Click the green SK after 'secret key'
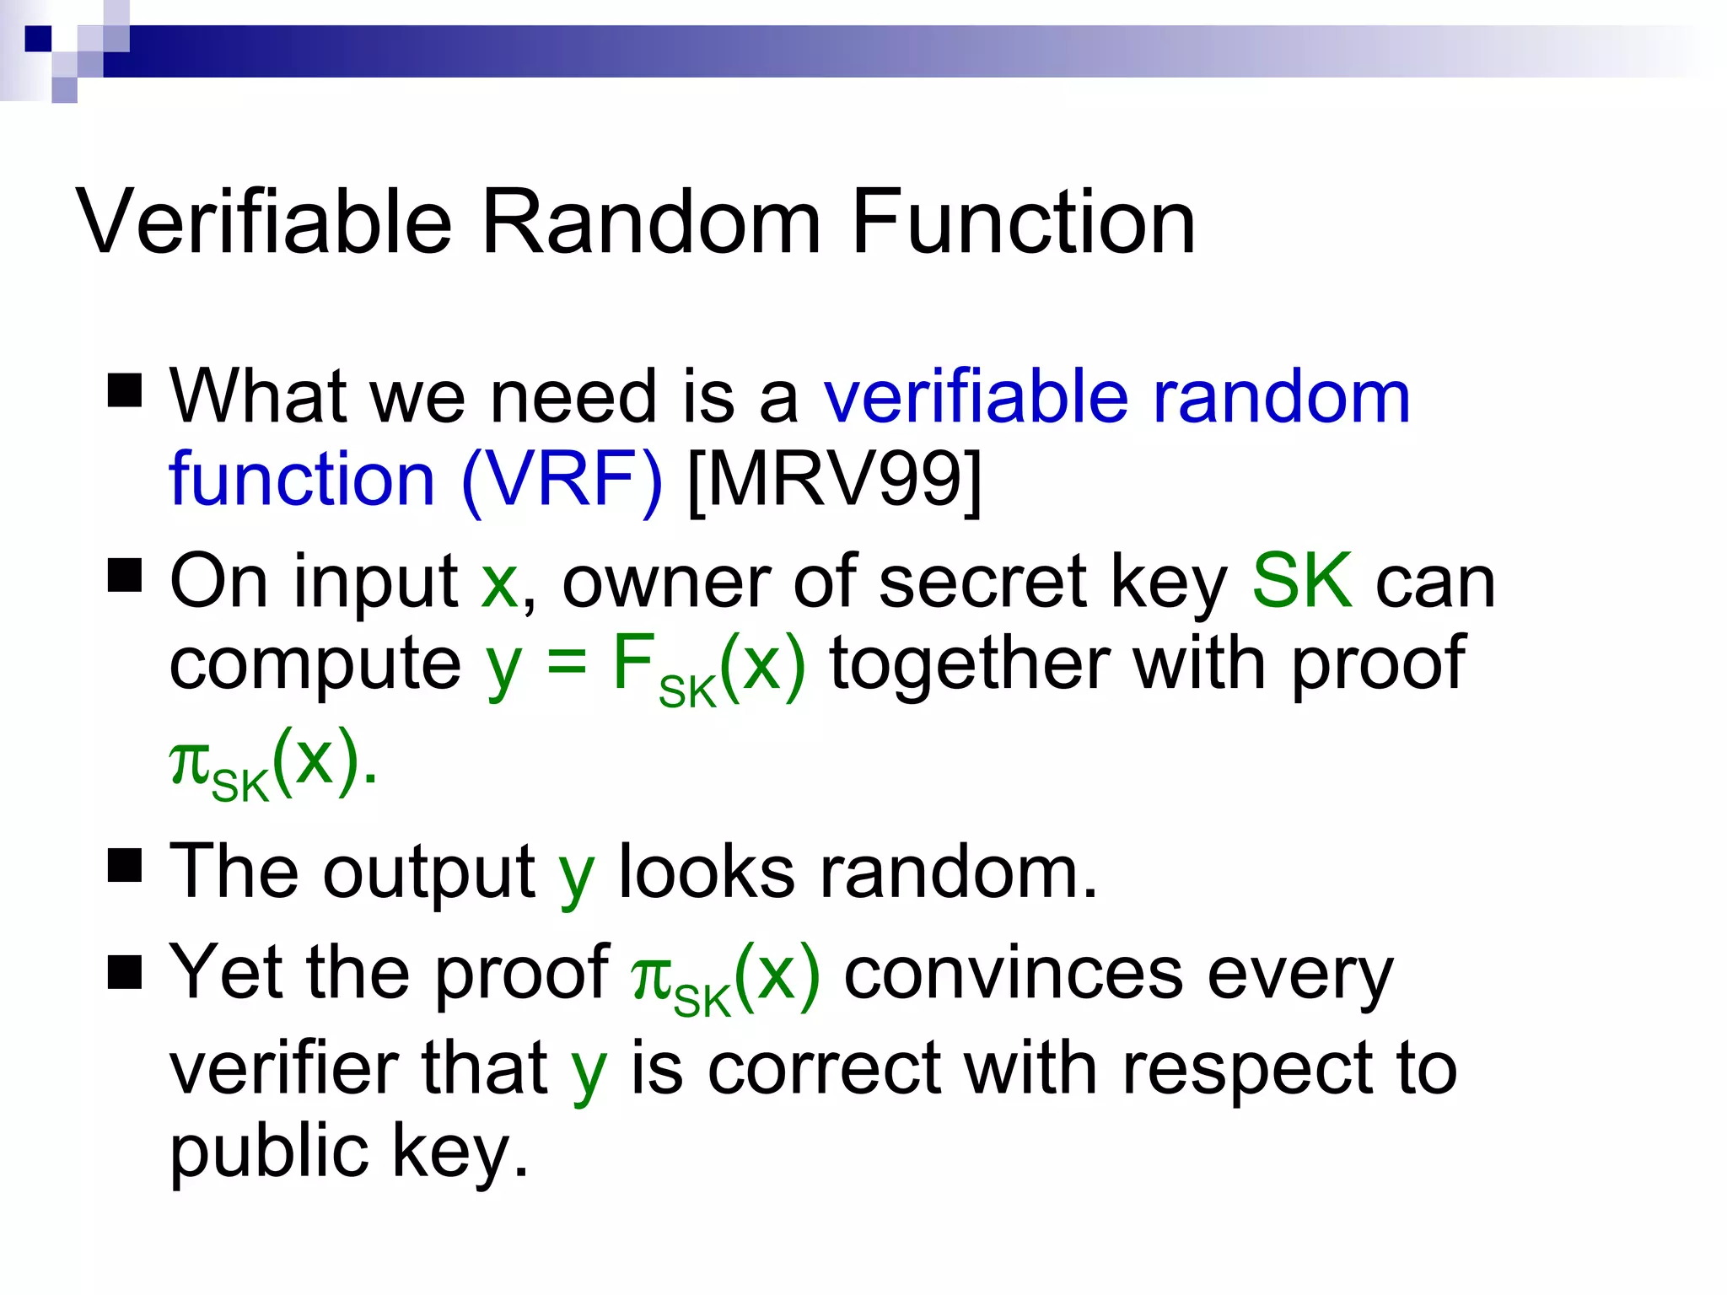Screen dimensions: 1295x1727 click(x=1302, y=581)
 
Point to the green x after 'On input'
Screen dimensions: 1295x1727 click(x=499, y=583)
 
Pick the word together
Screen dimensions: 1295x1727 click(x=970, y=664)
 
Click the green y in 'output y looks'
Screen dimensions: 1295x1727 click(x=577, y=877)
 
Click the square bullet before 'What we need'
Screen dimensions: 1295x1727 click(x=125, y=390)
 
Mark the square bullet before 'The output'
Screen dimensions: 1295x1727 click(x=125, y=865)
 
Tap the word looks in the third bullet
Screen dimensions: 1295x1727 click(x=707, y=872)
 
